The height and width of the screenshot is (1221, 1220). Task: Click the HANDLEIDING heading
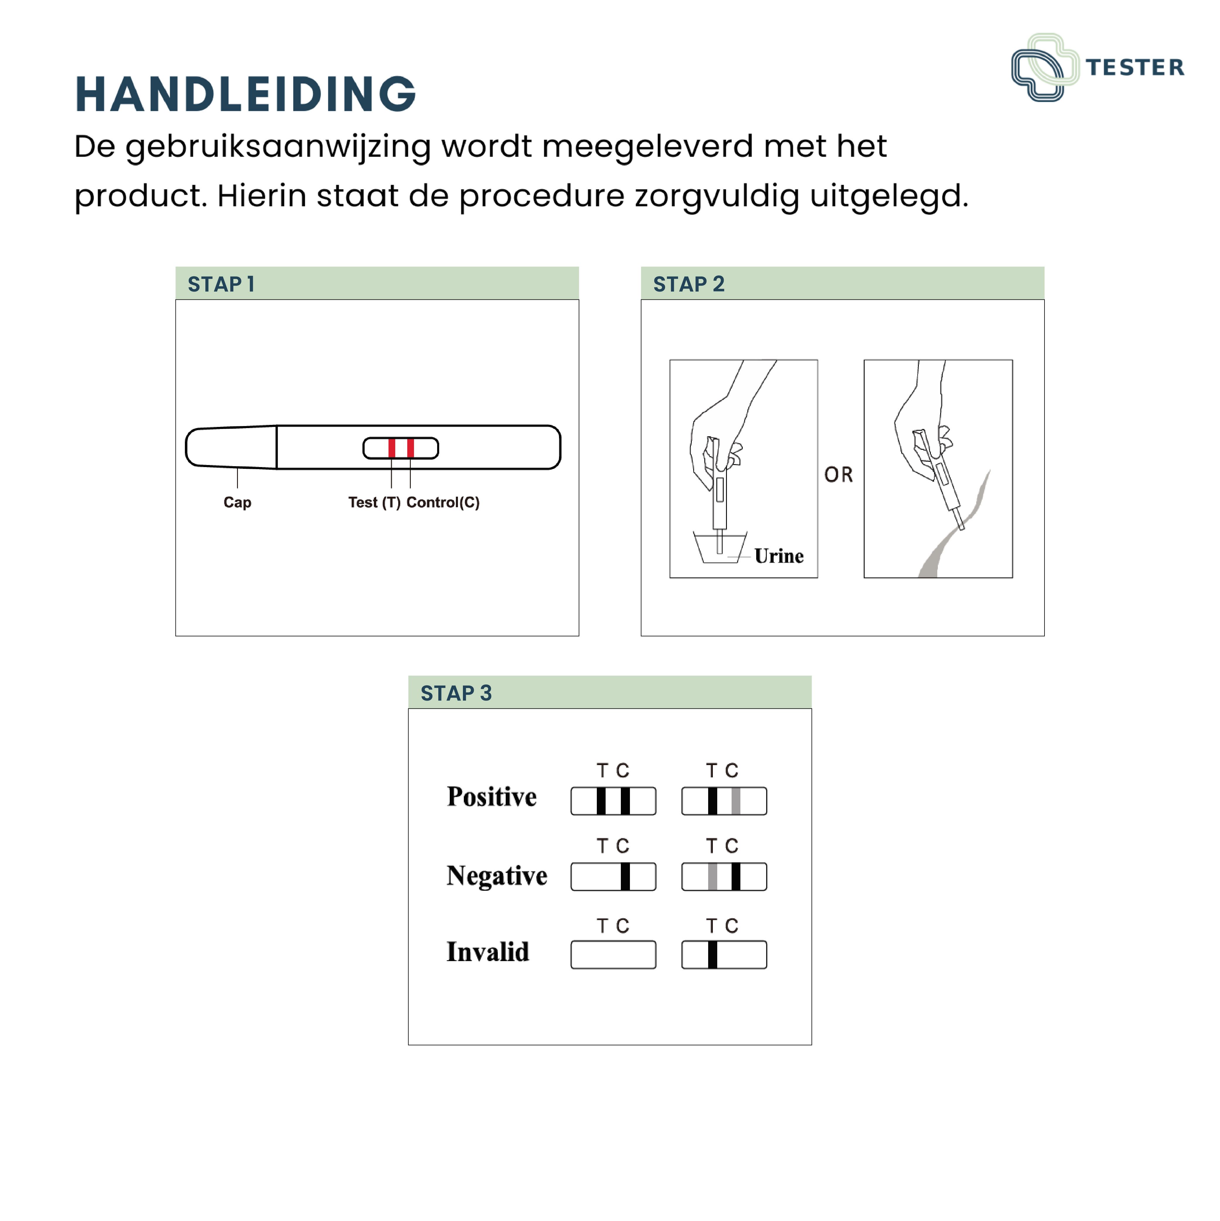[245, 94]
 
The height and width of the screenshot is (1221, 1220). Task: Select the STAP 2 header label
[689, 285]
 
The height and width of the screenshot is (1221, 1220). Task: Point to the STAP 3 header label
[456, 693]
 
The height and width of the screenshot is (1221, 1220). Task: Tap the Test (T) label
[374, 503]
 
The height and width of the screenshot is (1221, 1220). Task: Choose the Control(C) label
[443, 503]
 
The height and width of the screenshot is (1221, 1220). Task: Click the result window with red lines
[401, 448]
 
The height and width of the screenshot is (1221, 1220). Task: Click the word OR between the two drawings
[839, 475]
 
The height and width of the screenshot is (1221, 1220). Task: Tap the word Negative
[497, 876]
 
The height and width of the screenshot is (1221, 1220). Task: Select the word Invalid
[488, 952]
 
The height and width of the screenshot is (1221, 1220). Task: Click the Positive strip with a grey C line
[724, 801]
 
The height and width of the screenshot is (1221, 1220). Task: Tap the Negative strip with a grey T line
[724, 877]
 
